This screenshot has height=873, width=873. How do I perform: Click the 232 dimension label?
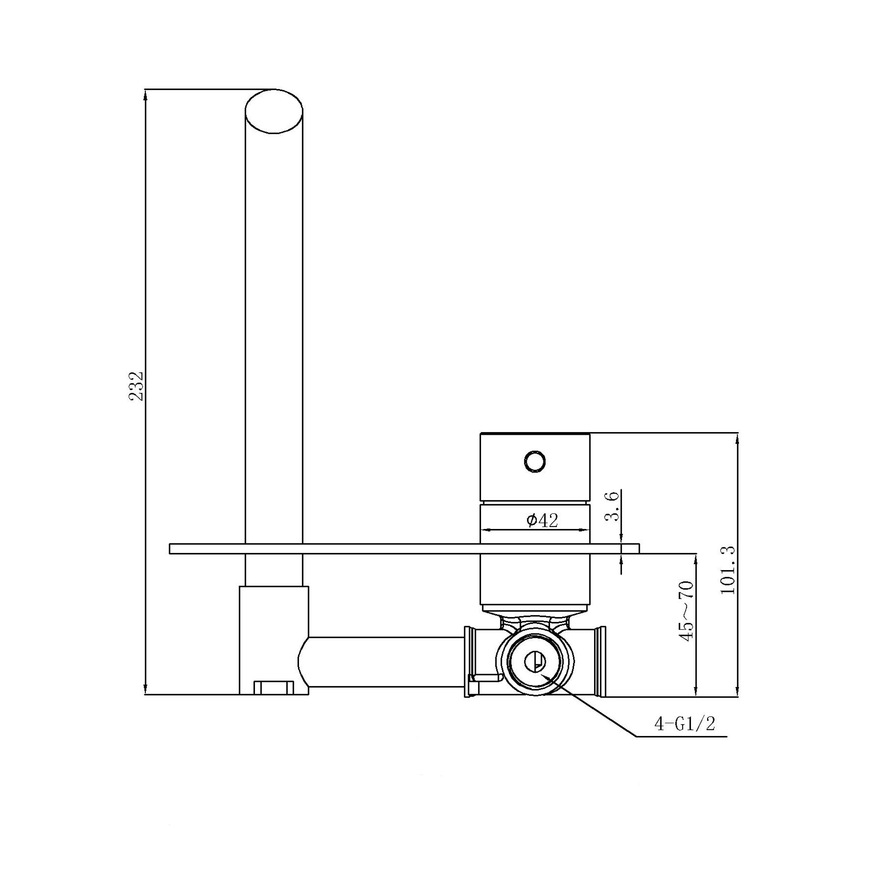(136, 386)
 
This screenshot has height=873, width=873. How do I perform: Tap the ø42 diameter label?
(542, 521)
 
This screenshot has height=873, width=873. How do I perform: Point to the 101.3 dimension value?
(728, 570)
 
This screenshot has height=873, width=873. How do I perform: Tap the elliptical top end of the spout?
(274, 111)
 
